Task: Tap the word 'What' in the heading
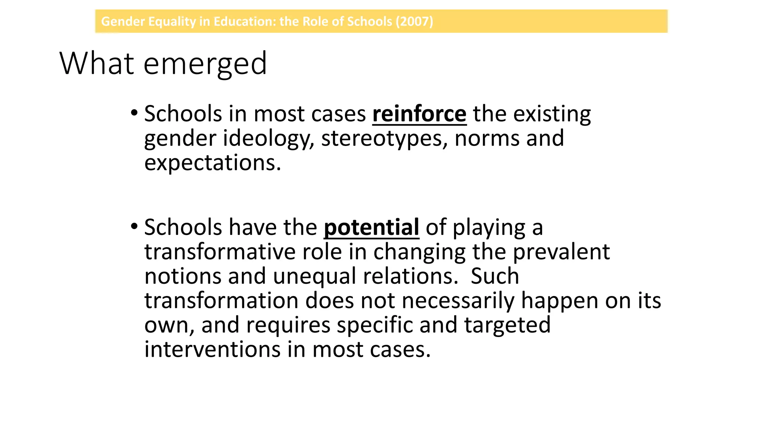[x=96, y=63]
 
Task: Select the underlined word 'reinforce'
[x=419, y=114]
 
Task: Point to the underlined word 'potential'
[x=371, y=227]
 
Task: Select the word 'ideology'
[x=269, y=139]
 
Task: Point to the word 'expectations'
[x=212, y=163]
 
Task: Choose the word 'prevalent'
[x=561, y=252]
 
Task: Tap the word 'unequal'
[x=315, y=276]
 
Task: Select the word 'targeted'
[x=507, y=325]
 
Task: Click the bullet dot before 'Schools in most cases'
[x=134, y=112]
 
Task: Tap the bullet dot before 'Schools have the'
[x=134, y=226]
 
